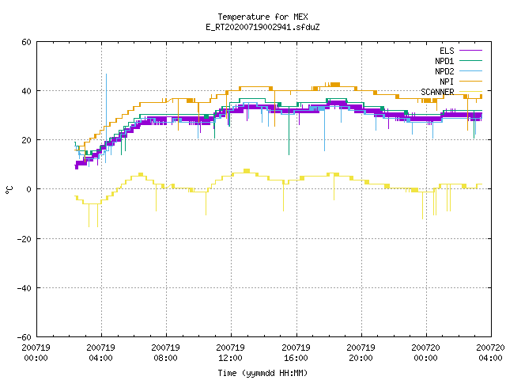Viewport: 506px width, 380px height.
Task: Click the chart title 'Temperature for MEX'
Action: point(262,17)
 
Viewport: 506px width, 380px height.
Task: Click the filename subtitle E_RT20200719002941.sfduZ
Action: point(262,27)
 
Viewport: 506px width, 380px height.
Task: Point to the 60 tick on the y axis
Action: point(26,42)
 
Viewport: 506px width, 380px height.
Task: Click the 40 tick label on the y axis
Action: point(26,91)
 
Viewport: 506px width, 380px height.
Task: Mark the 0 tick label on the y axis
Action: point(29,189)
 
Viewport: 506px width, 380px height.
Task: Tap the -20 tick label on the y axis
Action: point(25,239)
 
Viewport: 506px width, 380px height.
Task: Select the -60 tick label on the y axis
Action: point(25,337)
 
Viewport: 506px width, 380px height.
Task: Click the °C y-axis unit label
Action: point(9,190)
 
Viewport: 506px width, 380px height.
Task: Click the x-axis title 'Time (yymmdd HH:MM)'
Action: point(262,373)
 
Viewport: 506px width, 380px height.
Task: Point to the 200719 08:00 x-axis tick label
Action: point(165,353)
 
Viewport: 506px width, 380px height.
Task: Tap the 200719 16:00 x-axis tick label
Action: point(296,353)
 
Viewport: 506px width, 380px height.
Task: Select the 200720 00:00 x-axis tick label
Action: point(425,353)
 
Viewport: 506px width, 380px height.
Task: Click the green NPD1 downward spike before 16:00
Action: point(289,130)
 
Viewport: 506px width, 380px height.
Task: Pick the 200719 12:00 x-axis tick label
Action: point(230,353)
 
